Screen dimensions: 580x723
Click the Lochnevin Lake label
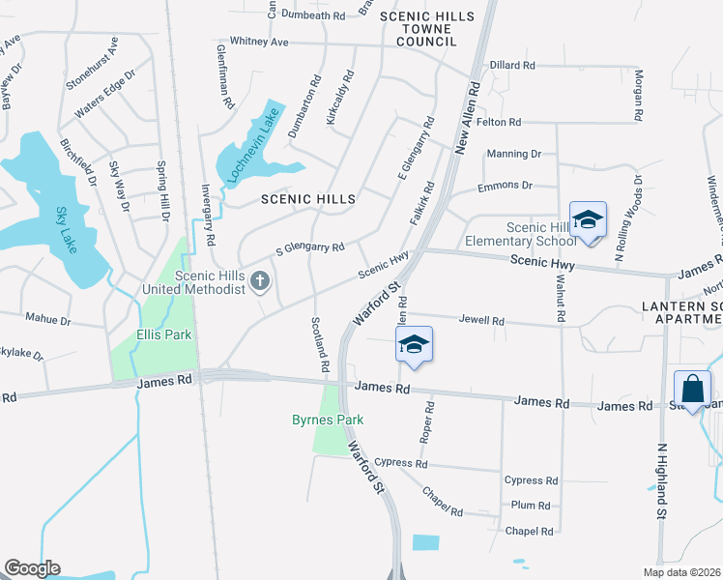click(251, 146)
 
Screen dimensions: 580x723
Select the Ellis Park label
click(162, 334)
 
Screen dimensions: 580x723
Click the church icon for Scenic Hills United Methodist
click(259, 281)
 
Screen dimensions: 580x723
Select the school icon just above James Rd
click(414, 345)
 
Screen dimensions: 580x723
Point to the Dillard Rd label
click(512, 65)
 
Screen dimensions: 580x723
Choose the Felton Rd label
click(499, 122)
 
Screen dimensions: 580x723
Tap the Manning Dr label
click(514, 154)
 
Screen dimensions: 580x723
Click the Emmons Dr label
click(506, 185)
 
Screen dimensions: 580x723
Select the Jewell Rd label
click(481, 320)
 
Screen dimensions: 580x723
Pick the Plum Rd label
click(531, 505)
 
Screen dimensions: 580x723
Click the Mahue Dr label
click(48, 320)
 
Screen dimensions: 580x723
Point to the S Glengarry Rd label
click(310, 247)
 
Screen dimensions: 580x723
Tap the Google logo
click(32, 568)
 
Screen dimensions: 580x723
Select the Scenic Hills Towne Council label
click(426, 29)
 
